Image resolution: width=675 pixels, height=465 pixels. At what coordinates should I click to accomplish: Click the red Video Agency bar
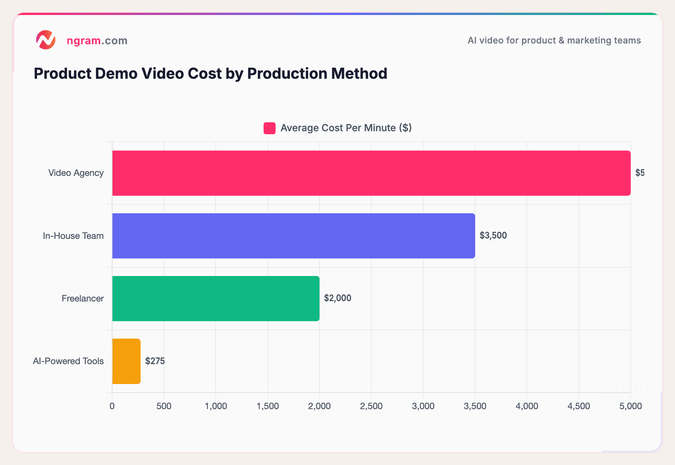(371, 173)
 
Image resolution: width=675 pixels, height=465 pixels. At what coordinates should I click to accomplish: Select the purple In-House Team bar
(293, 236)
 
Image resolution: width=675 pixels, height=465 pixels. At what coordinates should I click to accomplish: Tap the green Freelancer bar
(216, 298)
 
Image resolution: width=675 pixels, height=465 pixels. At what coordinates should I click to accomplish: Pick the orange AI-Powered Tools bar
(126, 361)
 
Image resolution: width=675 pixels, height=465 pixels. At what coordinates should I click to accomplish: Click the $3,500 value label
(493, 235)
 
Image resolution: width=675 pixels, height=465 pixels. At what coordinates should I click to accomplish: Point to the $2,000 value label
(337, 298)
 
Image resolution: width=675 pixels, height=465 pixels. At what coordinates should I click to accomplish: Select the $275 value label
(155, 361)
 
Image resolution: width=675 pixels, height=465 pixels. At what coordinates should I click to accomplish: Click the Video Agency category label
(76, 173)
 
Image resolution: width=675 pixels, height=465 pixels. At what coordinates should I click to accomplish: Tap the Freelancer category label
(82, 298)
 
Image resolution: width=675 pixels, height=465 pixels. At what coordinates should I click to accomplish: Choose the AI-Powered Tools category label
(68, 361)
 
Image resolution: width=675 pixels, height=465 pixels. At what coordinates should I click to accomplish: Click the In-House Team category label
(73, 236)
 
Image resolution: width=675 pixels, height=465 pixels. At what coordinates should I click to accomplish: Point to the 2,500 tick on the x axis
(371, 406)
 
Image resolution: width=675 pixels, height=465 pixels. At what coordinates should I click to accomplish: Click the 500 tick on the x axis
(164, 406)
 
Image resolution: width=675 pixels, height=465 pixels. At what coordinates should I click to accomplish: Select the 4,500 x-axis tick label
(579, 406)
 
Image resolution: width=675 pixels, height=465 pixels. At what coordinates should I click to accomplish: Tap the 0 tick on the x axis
(112, 406)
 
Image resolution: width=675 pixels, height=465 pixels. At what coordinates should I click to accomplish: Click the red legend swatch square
(269, 128)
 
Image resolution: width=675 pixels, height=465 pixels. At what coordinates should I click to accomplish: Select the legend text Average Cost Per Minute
(346, 128)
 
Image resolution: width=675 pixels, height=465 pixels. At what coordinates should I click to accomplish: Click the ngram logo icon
(46, 40)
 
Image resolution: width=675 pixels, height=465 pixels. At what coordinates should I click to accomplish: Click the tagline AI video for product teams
(554, 40)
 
